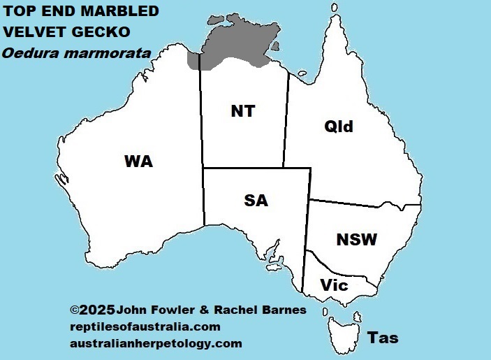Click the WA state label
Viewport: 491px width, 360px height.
click(138, 161)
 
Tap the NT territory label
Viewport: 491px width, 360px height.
click(242, 111)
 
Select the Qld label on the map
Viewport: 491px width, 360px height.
click(339, 127)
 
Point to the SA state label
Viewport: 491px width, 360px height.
click(256, 201)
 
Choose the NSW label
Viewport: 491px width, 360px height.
click(356, 240)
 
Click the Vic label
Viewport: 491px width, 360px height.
click(334, 285)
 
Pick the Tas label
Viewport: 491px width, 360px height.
click(383, 338)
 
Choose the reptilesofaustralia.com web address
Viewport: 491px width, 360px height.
click(145, 326)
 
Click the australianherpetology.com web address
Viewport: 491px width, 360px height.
click(156, 343)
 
